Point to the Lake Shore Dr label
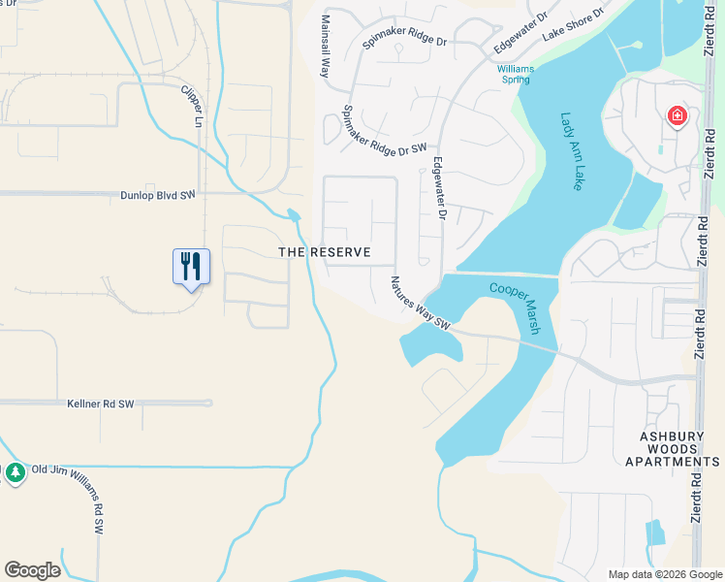[573, 24]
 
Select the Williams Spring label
[514, 74]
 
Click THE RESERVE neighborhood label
[325, 252]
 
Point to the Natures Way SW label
[421, 303]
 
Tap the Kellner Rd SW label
[101, 403]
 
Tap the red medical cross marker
[677, 117]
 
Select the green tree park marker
[15, 472]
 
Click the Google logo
[32, 570]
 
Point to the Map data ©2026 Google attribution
[665, 574]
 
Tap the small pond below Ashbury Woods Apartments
[656, 532]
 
